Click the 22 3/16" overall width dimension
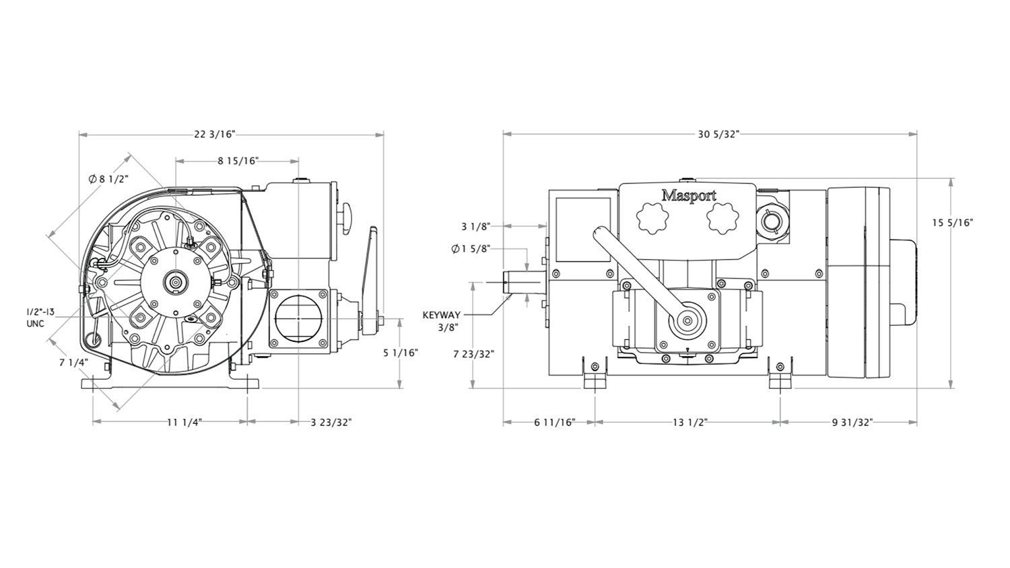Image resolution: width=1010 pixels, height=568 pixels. tap(215, 135)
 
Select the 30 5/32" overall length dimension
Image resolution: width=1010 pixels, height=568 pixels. tap(718, 135)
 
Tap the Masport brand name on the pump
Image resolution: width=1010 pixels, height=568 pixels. tap(688, 196)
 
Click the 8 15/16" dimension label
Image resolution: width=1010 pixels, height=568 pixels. tap(238, 161)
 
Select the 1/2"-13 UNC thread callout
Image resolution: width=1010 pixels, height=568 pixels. tap(40, 318)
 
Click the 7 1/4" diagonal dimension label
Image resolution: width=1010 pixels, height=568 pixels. tap(73, 363)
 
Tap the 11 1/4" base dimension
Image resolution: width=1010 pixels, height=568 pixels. tap(184, 422)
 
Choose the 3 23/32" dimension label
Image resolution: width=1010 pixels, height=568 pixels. tap(331, 422)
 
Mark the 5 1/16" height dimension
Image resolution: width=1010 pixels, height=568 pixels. tap(401, 353)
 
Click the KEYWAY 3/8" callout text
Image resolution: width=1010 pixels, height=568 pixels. tap(442, 320)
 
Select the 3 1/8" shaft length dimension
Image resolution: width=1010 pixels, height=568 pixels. tap(475, 226)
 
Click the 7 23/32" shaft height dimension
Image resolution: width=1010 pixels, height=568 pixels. tap(474, 353)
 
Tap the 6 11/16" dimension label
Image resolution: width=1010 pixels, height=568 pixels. tap(555, 422)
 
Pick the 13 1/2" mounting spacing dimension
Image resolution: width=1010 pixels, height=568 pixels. tap(690, 422)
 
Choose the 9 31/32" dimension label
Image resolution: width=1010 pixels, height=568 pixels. tap(852, 422)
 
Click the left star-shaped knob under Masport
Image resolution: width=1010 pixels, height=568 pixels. tap(652, 219)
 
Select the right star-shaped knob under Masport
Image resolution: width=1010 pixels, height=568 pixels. tap(722, 219)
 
